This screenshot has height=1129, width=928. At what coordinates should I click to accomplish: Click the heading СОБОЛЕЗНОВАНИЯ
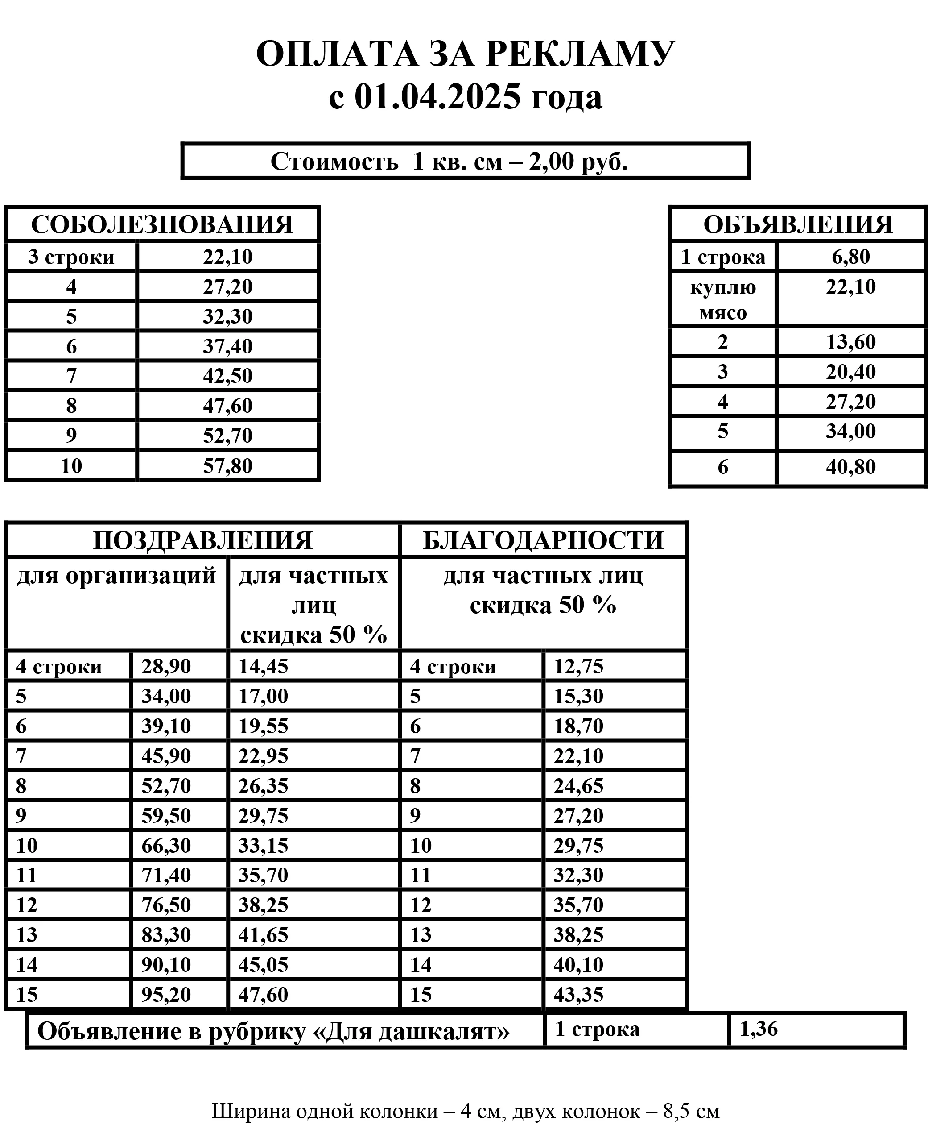[x=162, y=224]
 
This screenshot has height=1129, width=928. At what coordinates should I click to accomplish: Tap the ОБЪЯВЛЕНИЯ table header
[x=798, y=224]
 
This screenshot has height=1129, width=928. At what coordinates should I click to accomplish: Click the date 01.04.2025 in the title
[x=437, y=97]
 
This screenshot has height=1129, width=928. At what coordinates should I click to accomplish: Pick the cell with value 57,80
[x=228, y=466]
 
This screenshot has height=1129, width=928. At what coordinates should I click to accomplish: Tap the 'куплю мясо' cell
[x=723, y=299]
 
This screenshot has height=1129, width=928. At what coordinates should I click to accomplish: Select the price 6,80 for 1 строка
[x=851, y=257]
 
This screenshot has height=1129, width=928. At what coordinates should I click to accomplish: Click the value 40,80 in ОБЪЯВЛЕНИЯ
[x=851, y=467]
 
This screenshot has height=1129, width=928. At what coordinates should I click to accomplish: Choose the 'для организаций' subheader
[x=116, y=576]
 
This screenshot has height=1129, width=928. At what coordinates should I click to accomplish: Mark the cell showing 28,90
[x=166, y=666]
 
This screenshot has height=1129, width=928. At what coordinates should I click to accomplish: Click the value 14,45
[x=263, y=666]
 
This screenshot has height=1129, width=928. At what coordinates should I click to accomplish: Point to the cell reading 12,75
[x=578, y=666]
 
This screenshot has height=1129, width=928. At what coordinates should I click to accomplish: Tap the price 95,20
[x=166, y=995]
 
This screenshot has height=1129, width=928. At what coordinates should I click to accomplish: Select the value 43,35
[x=578, y=995]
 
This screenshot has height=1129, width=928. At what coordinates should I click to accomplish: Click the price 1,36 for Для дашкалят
[x=759, y=1029]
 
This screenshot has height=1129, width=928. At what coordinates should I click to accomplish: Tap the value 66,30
[x=166, y=846]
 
